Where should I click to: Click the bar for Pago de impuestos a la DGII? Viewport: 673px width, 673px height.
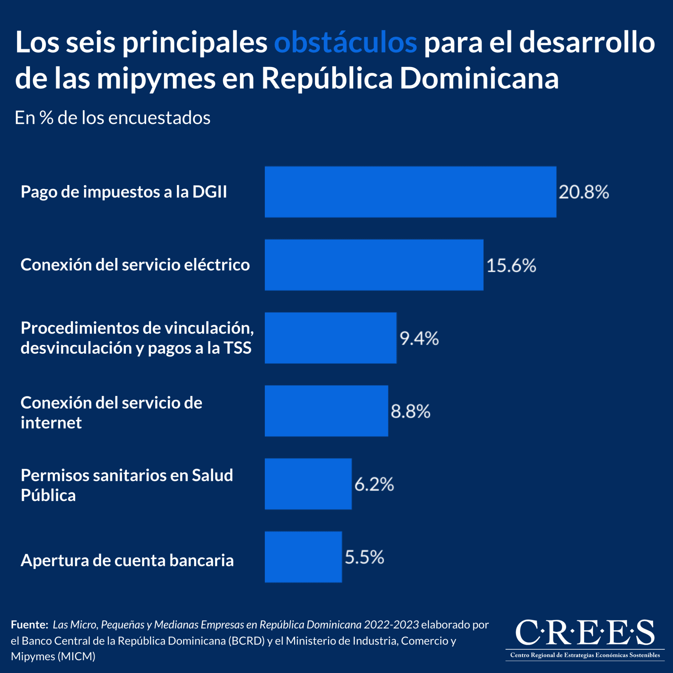(x=410, y=192)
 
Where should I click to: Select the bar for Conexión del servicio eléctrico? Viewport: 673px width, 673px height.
(x=374, y=265)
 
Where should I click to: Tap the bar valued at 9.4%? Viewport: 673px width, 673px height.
(x=330, y=338)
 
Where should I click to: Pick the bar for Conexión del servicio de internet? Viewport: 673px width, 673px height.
(x=326, y=411)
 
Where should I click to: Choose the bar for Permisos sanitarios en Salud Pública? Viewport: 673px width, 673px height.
(x=308, y=484)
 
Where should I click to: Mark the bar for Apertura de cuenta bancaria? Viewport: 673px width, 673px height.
(x=303, y=557)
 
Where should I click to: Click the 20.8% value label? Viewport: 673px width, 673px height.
(x=584, y=192)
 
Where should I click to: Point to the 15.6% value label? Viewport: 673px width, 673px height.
(x=511, y=265)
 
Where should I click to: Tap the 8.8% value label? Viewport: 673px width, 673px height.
(x=410, y=411)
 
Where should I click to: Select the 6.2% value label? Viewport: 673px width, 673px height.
(x=374, y=484)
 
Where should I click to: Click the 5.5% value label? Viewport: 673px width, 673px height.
(x=364, y=557)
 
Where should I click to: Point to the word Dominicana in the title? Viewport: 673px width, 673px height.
(x=479, y=79)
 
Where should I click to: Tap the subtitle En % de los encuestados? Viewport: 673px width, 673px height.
(x=112, y=118)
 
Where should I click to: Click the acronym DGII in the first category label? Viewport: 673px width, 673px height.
(x=210, y=192)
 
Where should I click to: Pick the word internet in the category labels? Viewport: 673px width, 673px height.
(x=51, y=423)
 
